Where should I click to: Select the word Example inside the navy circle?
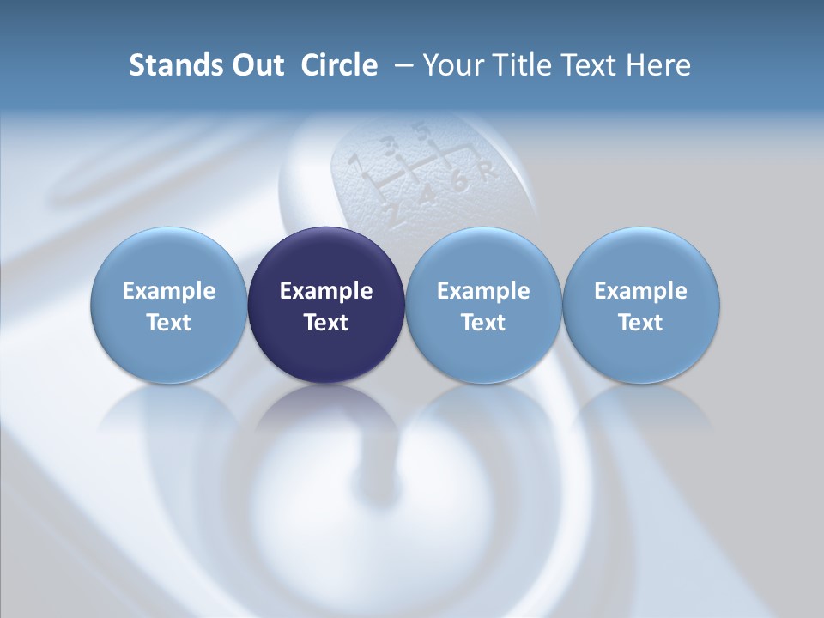tap(326, 291)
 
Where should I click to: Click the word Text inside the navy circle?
tap(326, 323)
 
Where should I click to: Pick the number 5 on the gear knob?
tap(421, 131)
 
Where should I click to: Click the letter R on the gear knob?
tap(487, 170)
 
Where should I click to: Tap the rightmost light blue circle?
tap(641, 306)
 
